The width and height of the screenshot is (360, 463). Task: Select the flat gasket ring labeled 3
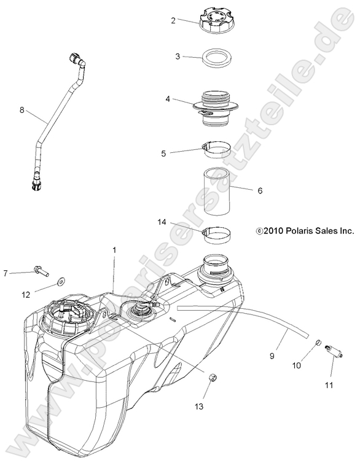click(216, 58)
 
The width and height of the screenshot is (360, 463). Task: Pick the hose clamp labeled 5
click(216, 149)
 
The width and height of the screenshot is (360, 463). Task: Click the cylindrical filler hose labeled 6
click(216, 191)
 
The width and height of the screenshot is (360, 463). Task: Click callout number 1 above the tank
click(114, 250)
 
